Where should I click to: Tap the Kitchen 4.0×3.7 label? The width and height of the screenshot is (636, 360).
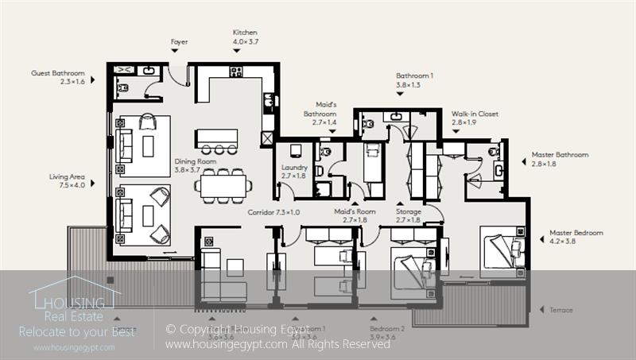[x=245, y=37]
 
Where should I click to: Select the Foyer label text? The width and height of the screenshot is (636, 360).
[x=180, y=41]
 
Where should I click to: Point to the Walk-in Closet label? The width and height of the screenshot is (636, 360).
[x=475, y=118]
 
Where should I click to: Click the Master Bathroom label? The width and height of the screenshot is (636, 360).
[x=560, y=159]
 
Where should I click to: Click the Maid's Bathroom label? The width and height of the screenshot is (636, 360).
[x=320, y=114]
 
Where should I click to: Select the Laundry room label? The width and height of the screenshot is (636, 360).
[x=294, y=172]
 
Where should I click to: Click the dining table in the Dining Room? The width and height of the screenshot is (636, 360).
[x=223, y=185]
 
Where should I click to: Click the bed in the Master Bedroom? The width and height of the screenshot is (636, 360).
[x=501, y=250]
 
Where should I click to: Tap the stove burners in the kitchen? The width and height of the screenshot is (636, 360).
[x=236, y=72]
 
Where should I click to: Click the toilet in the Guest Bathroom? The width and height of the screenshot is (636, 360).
[x=122, y=88]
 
